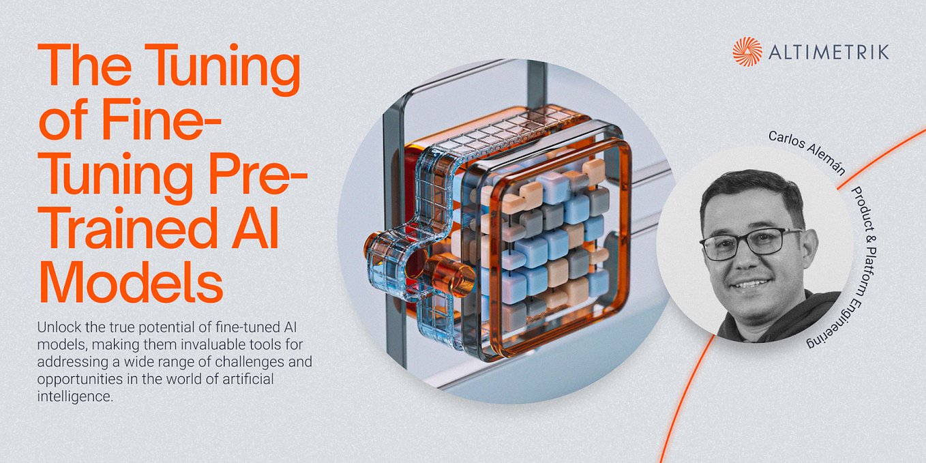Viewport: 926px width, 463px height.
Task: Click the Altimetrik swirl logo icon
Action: (747, 52)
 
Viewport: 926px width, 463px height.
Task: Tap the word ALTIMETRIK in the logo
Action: (828, 53)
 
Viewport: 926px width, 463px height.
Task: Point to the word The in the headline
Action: (85, 65)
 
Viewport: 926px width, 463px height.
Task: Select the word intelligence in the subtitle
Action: (75, 396)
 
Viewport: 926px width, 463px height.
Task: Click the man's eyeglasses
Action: (750, 244)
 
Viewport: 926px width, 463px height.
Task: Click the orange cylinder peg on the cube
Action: (453, 275)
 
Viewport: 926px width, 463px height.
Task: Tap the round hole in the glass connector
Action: (416, 263)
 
